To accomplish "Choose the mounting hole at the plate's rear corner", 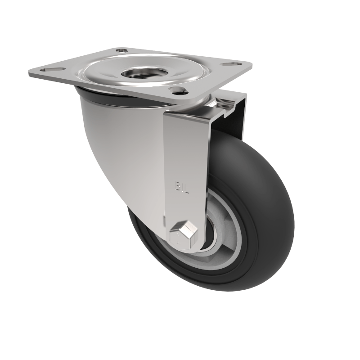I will pyautogui.click(x=121, y=51).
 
